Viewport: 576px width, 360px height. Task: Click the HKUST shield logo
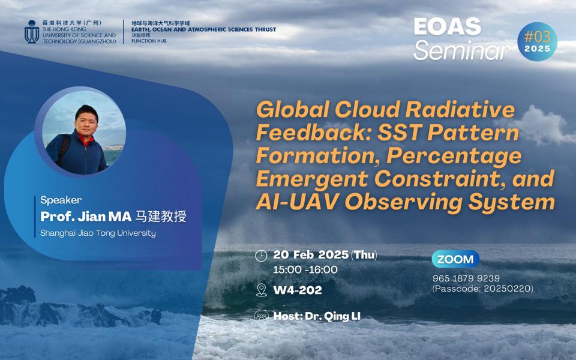(32, 32)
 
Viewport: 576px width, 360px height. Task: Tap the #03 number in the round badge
(537, 37)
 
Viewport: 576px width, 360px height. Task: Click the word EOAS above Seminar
(448, 27)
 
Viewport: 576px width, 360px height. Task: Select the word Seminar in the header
(462, 50)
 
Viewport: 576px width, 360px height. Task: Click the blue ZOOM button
(455, 259)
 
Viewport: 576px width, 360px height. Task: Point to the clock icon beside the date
(261, 256)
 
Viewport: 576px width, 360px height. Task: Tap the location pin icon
(261, 290)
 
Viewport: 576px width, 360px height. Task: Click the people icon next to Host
(261, 316)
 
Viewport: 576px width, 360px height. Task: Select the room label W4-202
(298, 290)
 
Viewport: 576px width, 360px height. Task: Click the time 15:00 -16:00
(305, 269)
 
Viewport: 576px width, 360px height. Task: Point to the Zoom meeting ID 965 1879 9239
(466, 278)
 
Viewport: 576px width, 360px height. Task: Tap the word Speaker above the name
(61, 200)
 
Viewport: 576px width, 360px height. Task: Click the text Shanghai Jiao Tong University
(98, 233)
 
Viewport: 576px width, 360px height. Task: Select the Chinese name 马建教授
(161, 217)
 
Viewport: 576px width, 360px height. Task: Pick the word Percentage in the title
(454, 156)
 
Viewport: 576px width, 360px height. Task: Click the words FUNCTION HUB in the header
(149, 41)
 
